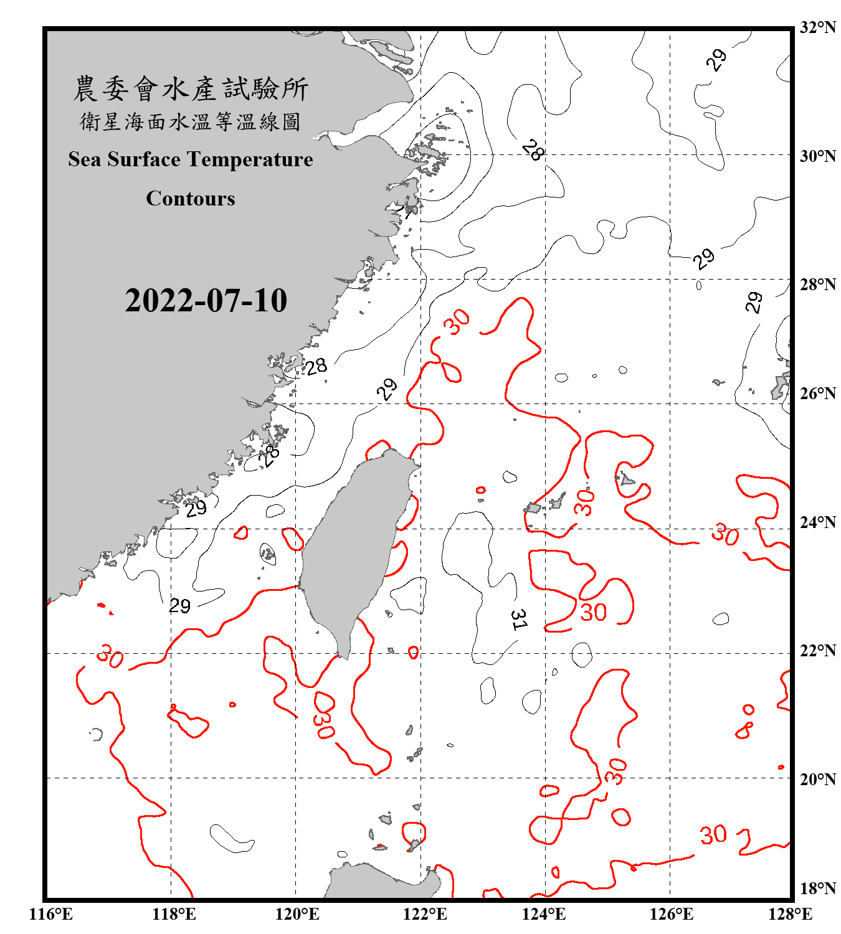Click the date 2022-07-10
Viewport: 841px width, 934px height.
[x=206, y=301]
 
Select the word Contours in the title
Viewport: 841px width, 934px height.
[x=191, y=199]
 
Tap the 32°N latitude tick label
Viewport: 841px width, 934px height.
[x=817, y=27]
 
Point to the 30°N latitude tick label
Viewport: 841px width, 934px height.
[x=817, y=156]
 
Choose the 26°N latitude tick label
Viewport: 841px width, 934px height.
[x=817, y=394]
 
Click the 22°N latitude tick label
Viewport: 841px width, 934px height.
[x=817, y=651]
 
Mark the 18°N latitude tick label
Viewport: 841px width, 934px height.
[x=817, y=889]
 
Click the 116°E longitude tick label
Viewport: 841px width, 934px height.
[x=50, y=914]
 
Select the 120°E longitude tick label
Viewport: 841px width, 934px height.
[x=297, y=914]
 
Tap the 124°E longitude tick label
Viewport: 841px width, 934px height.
[x=544, y=914]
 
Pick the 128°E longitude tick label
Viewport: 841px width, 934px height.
[x=790, y=914]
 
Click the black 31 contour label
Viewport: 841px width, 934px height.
[x=518, y=620]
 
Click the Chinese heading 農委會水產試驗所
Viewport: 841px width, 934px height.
[x=191, y=89]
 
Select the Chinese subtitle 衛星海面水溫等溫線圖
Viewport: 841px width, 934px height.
[x=191, y=122]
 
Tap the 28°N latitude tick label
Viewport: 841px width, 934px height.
[x=817, y=285]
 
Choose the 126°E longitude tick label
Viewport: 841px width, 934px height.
[x=671, y=914]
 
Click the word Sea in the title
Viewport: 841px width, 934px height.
[x=85, y=159]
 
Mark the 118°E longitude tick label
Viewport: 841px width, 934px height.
[x=174, y=914]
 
